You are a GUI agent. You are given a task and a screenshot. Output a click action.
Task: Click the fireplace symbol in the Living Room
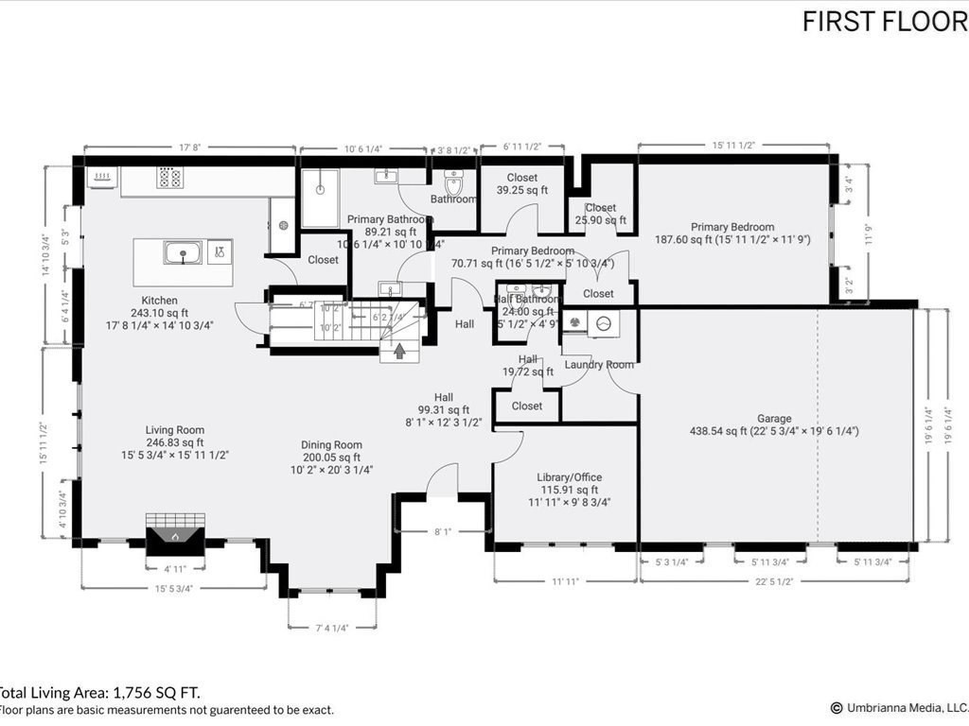coord(175,535)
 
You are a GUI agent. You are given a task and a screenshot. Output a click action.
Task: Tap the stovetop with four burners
coord(169,177)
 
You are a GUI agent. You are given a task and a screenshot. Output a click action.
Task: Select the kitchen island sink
coord(182,252)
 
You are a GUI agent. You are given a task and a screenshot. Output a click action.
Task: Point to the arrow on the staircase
coord(399,352)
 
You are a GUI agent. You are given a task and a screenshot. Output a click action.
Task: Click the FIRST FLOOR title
coord(884,22)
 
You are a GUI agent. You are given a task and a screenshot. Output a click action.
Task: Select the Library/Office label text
coord(569,477)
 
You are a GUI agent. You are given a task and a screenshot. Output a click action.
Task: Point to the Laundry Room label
coord(599,365)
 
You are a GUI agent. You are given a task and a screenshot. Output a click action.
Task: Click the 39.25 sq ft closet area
coord(522,190)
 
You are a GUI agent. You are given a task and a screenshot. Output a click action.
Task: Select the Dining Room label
coord(331,445)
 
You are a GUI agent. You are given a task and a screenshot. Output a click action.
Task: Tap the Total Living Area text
coord(99,693)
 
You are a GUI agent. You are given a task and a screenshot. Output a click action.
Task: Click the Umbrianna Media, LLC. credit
coord(899,707)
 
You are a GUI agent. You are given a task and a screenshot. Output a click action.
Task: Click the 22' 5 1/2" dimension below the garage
coord(775,582)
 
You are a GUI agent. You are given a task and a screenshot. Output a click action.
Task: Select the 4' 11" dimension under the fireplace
coord(174,570)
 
